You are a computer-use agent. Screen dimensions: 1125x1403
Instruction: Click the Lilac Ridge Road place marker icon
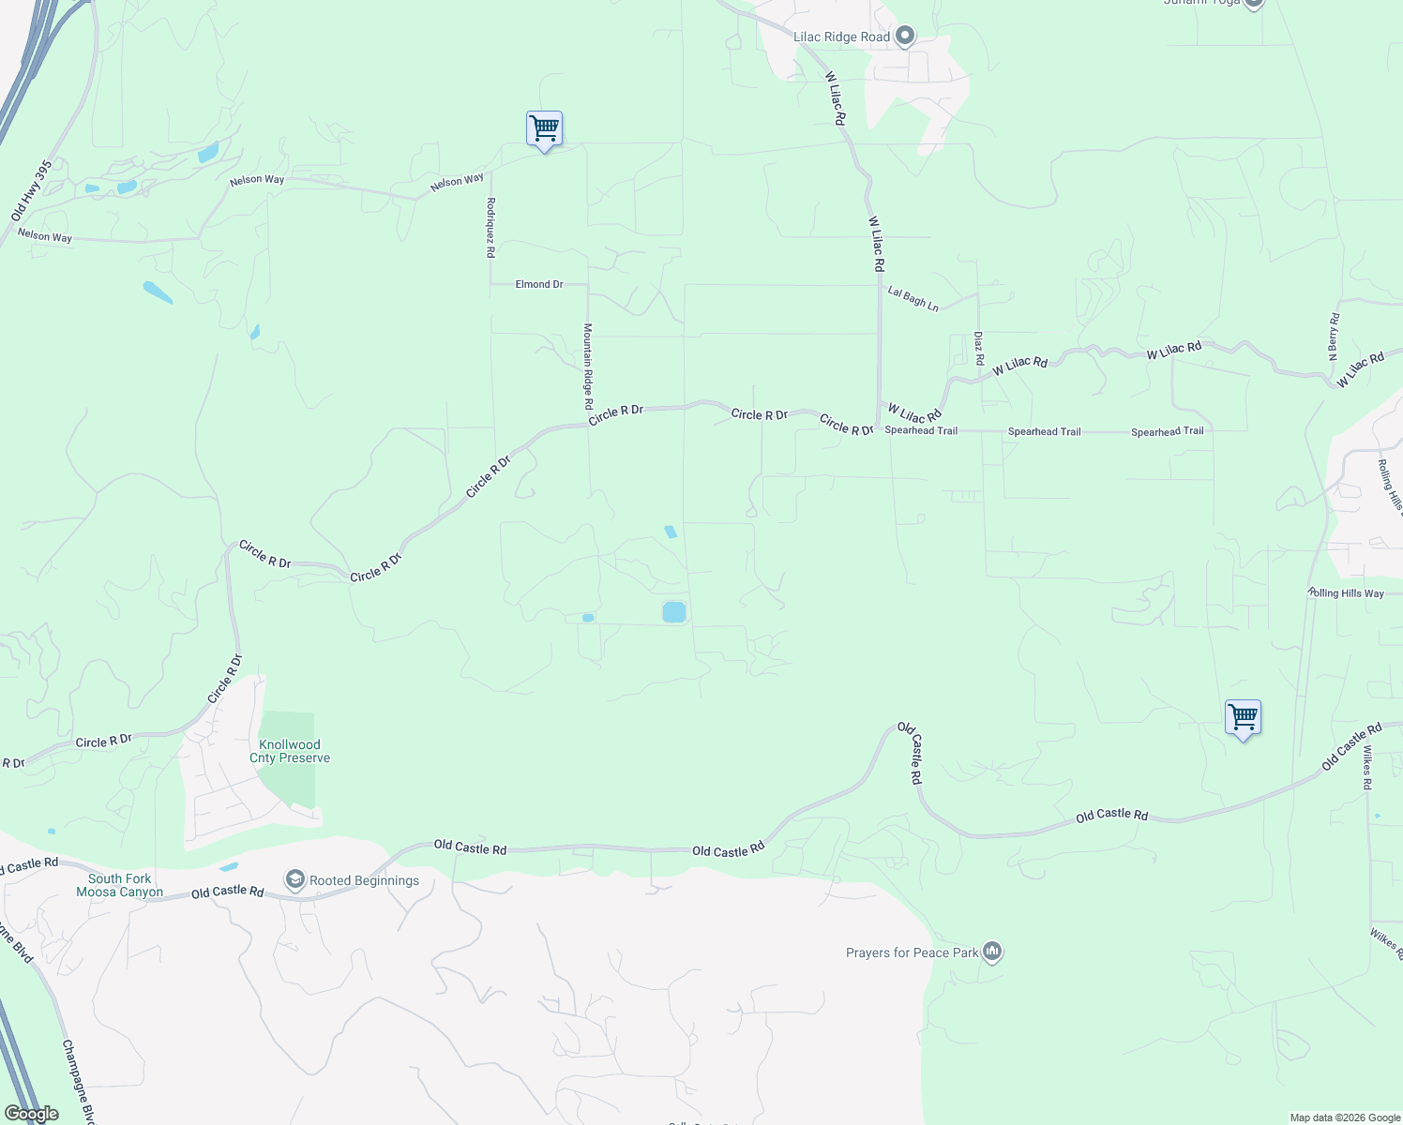click(905, 37)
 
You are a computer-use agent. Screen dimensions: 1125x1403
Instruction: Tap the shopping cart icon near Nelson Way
click(544, 129)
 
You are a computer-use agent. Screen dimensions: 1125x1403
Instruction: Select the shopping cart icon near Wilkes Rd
click(1243, 718)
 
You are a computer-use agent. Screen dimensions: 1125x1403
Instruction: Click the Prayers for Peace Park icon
click(992, 952)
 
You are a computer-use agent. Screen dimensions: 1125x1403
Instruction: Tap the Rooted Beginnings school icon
click(295, 879)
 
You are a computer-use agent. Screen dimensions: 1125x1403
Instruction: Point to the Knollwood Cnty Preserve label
click(290, 752)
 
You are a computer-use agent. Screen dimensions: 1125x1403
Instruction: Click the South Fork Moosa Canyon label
click(120, 885)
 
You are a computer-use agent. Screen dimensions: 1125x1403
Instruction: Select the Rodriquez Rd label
click(490, 228)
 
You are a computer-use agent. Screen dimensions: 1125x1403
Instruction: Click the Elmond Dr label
click(539, 284)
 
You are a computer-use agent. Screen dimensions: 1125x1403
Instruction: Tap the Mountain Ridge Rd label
click(588, 366)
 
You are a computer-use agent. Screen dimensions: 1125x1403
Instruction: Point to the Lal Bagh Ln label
click(913, 298)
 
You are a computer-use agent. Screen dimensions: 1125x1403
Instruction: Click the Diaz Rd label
click(978, 348)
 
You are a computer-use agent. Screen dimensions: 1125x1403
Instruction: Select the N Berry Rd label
click(1333, 337)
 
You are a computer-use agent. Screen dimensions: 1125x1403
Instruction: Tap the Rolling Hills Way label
click(1346, 593)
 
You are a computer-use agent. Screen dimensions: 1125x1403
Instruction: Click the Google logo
click(31, 1114)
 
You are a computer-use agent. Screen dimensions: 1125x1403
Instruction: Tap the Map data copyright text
click(1344, 1117)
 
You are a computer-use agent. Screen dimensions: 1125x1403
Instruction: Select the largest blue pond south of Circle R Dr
click(673, 612)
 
